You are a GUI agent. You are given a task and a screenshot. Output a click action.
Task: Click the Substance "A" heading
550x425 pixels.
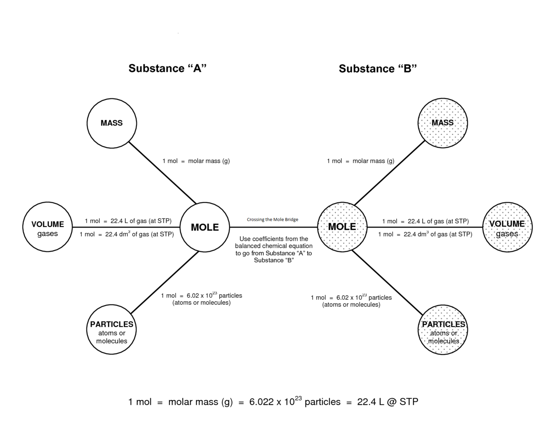pyautogui.click(x=167, y=68)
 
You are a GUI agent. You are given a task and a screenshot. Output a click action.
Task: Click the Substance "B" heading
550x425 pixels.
pyautogui.click(x=378, y=69)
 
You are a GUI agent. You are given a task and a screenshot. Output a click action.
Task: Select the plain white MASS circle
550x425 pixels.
pyautogui.click(x=112, y=123)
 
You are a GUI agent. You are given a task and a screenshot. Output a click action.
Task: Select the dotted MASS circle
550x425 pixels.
pyautogui.click(x=442, y=123)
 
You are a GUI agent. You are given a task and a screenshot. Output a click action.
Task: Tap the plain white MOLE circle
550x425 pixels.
pyautogui.click(x=205, y=227)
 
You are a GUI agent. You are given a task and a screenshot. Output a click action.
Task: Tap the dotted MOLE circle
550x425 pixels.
pyautogui.click(x=342, y=227)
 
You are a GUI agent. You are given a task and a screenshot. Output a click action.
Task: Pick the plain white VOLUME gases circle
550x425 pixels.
pyautogui.click(x=48, y=227)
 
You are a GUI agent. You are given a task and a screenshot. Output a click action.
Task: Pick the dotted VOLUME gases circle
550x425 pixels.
pyautogui.click(x=507, y=227)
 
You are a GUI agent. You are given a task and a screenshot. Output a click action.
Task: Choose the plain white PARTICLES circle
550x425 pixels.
pyautogui.click(x=112, y=330)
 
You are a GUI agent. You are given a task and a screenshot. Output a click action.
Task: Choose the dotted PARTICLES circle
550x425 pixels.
pyautogui.click(x=443, y=330)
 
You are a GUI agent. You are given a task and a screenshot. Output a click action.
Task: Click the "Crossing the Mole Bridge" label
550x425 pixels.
pyautogui.click(x=273, y=220)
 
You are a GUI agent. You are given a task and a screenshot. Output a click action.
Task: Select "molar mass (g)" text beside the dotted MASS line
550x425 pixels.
pyautogui.click(x=373, y=161)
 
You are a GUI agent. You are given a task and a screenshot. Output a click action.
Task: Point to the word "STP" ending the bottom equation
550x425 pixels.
pyautogui.click(x=409, y=402)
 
